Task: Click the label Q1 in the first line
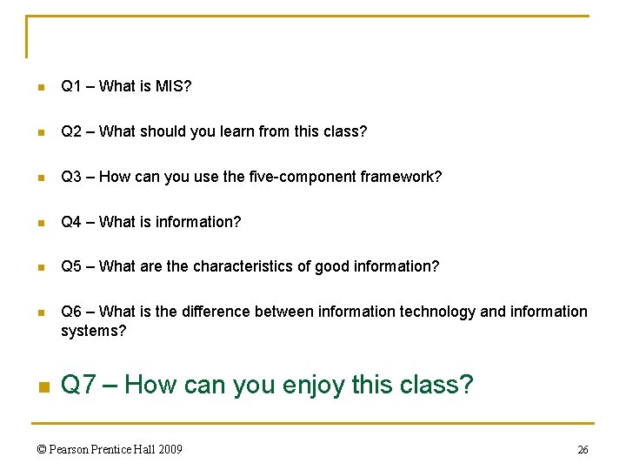[x=71, y=86]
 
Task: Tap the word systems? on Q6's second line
[x=93, y=331]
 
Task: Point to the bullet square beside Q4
[x=39, y=223]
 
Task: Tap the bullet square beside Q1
[x=39, y=87]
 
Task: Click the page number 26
[x=583, y=450]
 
